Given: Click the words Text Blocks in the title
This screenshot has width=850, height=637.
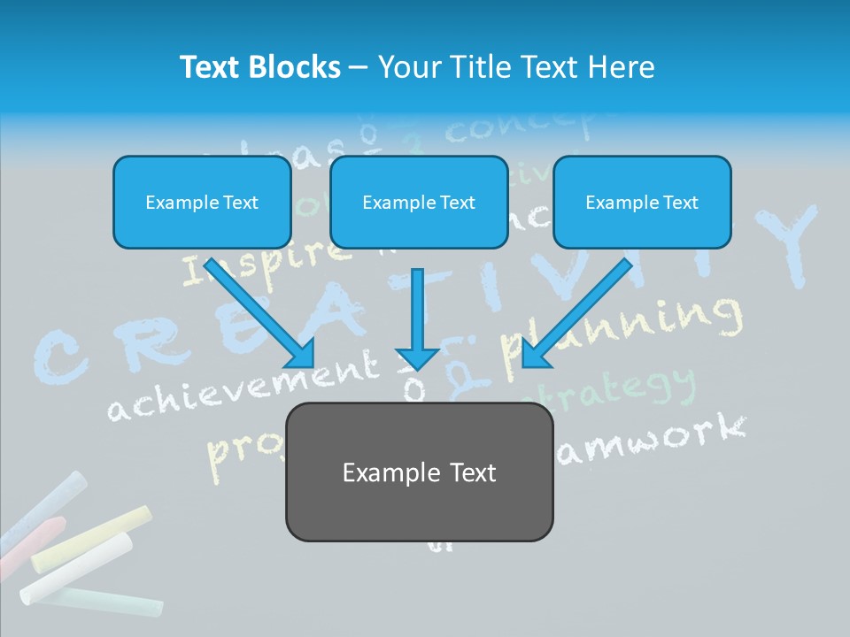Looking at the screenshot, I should (x=260, y=67).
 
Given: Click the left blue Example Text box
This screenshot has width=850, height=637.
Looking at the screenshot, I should (x=202, y=202).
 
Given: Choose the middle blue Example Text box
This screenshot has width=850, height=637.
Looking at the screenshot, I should (x=419, y=202).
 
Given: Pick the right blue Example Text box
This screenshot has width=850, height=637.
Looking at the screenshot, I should (x=642, y=202).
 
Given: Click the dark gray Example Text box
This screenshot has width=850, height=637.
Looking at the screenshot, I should (x=419, y=472).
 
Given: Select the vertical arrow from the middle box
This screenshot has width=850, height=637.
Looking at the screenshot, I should (x=419, y=318).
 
